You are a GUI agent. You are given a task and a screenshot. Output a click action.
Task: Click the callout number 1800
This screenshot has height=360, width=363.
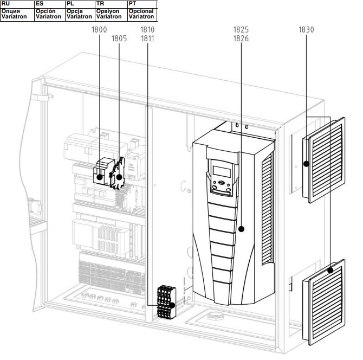point(99,30)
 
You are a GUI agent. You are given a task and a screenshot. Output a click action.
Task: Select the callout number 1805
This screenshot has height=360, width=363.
point(119,38)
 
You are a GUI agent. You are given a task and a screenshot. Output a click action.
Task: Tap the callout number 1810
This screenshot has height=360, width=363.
point(147,30)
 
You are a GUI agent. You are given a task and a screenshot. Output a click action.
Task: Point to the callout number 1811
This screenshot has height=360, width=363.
point(147,38)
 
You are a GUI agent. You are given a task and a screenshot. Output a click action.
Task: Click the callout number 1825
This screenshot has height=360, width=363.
point(241,30)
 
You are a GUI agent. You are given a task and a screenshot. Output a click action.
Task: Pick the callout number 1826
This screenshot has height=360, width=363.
point(241,38)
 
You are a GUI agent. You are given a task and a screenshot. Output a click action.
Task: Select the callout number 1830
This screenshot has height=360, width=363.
point(306,30)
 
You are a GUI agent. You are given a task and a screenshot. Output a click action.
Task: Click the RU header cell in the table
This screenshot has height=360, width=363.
point(17,4)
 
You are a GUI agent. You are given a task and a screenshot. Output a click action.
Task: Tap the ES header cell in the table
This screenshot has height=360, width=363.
point(50,4)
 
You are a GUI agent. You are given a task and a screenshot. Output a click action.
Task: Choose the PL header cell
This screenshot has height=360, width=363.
point(80,4)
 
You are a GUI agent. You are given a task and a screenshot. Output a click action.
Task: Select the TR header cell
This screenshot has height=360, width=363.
point(112,4)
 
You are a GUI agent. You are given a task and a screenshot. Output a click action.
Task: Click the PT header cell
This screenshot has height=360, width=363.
point(142,4)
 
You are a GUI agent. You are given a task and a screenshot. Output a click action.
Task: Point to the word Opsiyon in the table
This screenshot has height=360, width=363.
point(108,11)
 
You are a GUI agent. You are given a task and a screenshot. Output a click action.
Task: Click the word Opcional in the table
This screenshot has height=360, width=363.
point(141,11)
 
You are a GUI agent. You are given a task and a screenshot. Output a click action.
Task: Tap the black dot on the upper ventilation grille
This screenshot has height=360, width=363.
point(306,164)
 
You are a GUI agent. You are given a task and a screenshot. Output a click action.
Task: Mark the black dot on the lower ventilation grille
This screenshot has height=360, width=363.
point(330,270)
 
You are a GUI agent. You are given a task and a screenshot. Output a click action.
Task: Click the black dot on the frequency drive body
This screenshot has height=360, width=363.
point(241,229)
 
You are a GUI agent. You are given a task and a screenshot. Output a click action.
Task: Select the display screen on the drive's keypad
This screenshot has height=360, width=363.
point(222,172)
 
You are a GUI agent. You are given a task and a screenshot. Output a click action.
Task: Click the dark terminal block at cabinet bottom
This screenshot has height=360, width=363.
point(166,302)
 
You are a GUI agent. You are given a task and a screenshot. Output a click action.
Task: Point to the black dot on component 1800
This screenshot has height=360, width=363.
point(100,177)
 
